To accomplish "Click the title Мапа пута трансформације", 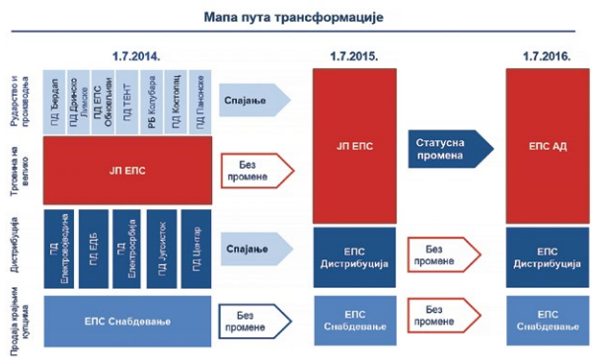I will click(295, 18).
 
